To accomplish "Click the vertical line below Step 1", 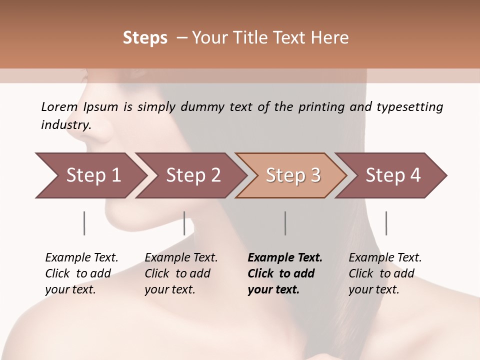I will pos(84,223).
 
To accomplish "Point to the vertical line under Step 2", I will pos(184,223).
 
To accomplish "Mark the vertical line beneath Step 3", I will pos(285,223).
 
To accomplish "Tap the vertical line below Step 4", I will pos(386,223).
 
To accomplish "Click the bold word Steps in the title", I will pos(145,38).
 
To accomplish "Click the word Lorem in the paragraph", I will pos(59,106).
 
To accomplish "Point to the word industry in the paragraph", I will pos(65,125).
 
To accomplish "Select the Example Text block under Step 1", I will pos(81,273).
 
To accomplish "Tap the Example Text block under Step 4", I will pos(385,273).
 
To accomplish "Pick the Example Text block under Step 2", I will pos(181,273).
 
